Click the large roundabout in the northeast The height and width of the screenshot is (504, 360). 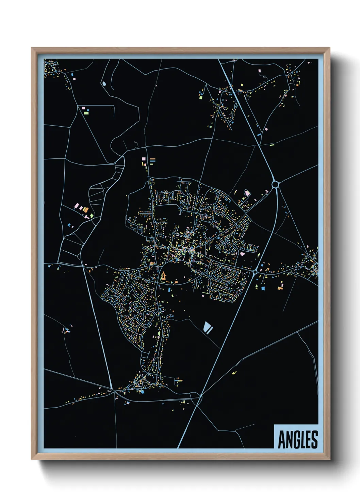(x=276, y=185)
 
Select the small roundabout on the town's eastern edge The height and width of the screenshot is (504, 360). (x=255, y=272)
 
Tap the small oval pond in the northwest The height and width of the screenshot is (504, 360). (x=104, y=83)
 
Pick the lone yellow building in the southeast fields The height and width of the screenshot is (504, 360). (x=234, y=373)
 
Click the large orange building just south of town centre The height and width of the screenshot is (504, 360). (x=163, y=277)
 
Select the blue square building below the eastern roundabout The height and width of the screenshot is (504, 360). (x=263, y=288)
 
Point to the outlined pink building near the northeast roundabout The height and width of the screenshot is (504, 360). (x=247, y=193)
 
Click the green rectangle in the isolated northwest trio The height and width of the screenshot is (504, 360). (x=86, y=113)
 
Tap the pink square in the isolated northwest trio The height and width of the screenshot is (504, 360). (x=83, y=108)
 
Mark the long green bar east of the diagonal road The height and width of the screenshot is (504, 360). (x=272, y=145)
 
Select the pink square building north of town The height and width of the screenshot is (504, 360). (x=144, y=158)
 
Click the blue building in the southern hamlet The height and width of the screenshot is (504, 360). (x=142, y=392)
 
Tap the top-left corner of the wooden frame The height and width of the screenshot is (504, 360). (x=32, y=48)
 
